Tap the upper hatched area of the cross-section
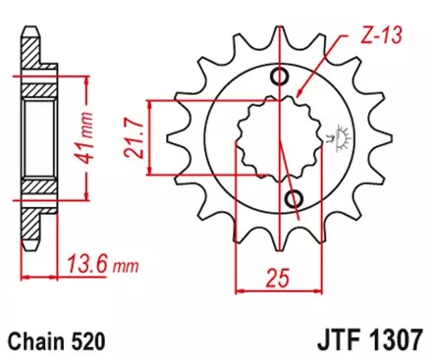point(38,88)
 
